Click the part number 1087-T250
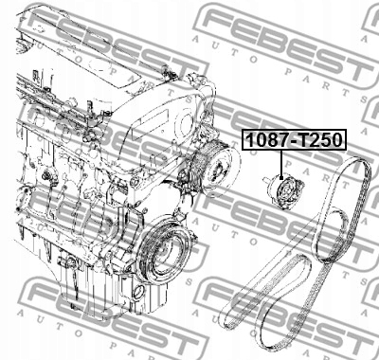pyautogui.click(x=294, y=139)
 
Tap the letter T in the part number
pyautogui.click(x=304, y=140)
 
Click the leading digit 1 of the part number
pyautogui.click(x=249, y=140)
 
